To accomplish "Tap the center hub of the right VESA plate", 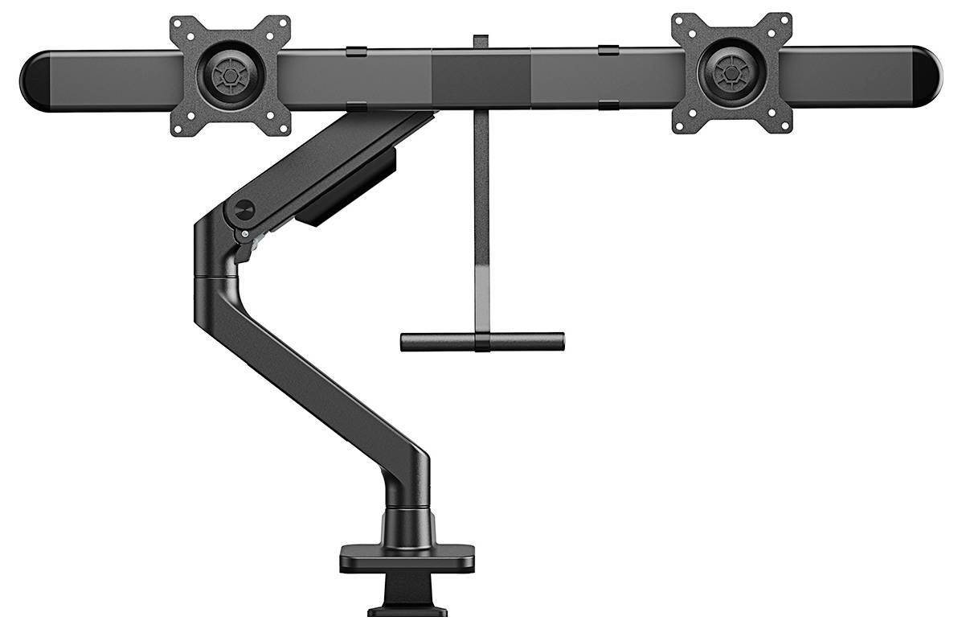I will pyautogui.click(x=731, y=74).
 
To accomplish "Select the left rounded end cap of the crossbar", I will pyautogui.click(x=37, y=80).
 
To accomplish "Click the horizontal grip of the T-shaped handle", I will pyautogui.click(x=482, y=342).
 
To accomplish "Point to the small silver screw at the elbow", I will pyautogui.click(x=244, y=234).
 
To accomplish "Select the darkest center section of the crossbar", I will pyautogui.click(x=481, y=78).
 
